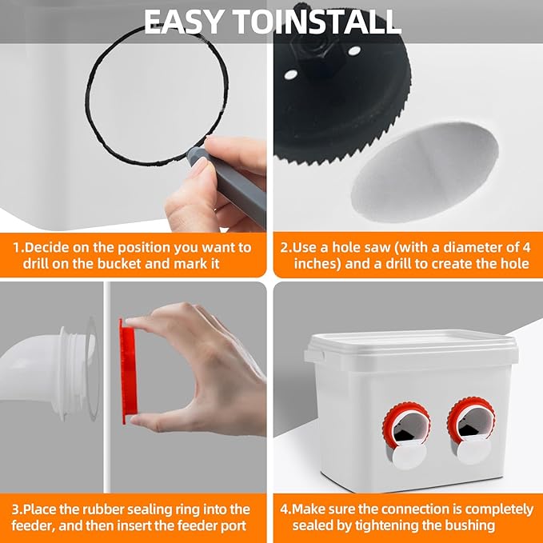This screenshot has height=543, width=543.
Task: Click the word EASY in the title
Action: tap(183, 22)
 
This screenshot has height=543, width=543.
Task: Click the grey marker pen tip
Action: tap(194, 154)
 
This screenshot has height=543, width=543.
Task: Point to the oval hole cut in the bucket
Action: tap(425, 172)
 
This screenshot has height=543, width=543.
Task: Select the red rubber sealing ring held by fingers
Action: tap(128, 370)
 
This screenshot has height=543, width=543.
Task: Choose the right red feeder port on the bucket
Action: tap(471, 421)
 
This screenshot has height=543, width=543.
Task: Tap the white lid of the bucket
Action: tap(411, 347)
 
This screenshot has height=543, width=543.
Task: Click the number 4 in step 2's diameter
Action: tap(526, 248)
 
